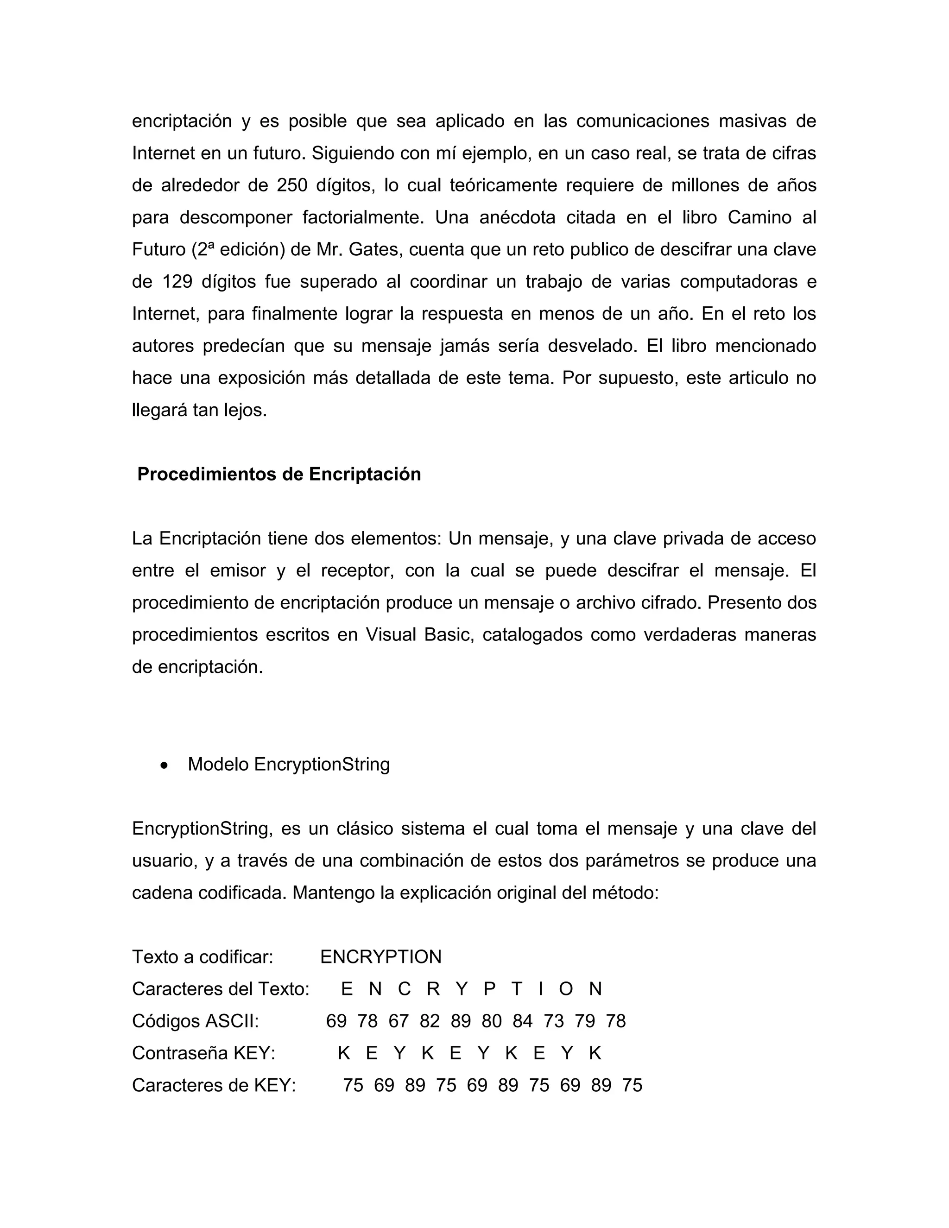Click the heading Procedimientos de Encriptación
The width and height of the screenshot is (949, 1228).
(279, 474)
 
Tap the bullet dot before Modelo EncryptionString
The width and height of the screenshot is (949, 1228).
(164, 765)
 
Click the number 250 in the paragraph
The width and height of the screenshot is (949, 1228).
(292, 185)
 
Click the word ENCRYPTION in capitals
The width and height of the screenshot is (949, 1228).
(380, 956)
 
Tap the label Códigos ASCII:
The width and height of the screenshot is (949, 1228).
(195, 1020)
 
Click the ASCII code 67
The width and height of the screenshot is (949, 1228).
(399, 1020)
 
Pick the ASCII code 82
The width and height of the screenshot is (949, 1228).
(430, 1020)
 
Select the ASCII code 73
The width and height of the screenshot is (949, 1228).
(554, 1020)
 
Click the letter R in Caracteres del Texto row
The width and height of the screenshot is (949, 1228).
(433, 988)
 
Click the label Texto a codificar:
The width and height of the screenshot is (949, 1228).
(202, 956)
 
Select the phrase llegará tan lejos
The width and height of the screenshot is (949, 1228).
(199, 410)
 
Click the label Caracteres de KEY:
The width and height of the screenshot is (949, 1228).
(214, 1085)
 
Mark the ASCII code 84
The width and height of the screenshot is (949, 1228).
(522, 1020)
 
